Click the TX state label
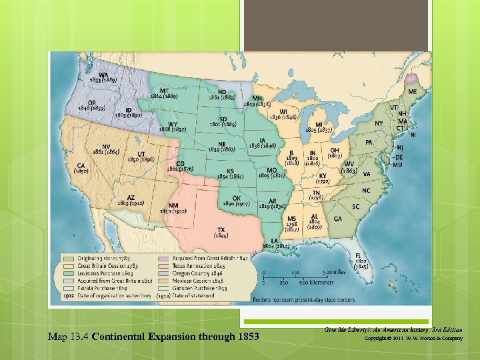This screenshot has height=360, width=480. pos(221,230)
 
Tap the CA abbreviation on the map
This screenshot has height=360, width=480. pos(81,165)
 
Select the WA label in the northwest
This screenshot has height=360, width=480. pos(104,75)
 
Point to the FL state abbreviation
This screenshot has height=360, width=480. pos(359,255)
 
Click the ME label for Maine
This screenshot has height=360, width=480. pos(413,91)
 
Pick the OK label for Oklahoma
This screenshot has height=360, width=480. pos(236,197)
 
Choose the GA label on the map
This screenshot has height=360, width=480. pos(338,219)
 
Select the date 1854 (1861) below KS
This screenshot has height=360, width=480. pos(230,176)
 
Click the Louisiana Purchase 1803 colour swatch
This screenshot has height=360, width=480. pos(69,273)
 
